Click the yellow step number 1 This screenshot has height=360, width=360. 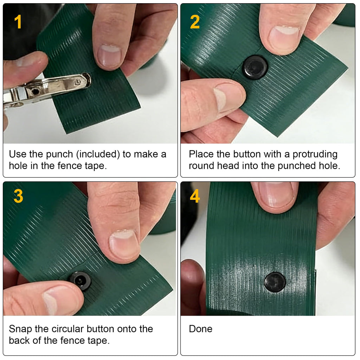click(18, 22)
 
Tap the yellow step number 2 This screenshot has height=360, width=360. click(195, 22)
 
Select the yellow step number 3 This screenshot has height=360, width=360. click(18, 196)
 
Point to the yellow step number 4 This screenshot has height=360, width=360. click(195, 196)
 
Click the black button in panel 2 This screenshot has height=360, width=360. click(255, 67)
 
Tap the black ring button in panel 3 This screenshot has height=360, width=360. click(80, 281)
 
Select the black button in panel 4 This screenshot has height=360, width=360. click(275, 282)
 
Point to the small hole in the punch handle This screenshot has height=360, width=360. click(36, 91)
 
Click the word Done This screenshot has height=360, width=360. click(200, 329)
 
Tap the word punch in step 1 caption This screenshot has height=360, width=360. click(59, 154)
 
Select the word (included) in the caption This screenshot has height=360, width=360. click(98, 154)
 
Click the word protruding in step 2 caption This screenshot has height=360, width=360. click(315, 154)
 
